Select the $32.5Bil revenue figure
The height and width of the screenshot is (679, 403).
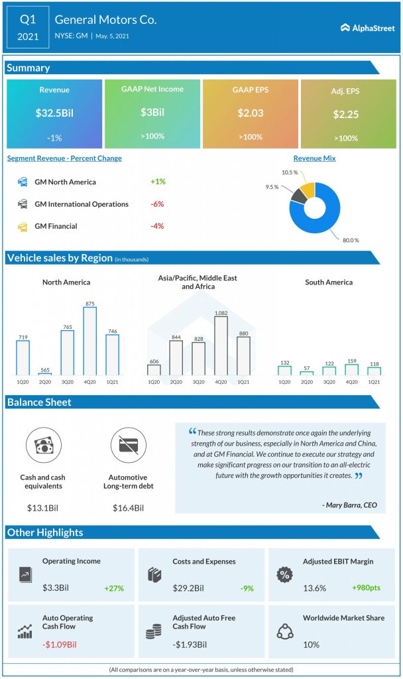[54, 113]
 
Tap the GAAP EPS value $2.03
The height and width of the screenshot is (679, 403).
[251, 113]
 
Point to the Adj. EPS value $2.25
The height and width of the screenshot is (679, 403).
[346, 114]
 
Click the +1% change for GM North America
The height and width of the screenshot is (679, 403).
[158, 182]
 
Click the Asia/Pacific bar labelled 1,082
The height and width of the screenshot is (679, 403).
[221, 345]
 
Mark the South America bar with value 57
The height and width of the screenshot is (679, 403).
[306, 373]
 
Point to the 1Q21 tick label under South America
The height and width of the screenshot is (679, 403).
[374, 382]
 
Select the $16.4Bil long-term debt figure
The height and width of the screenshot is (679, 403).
[129, 508]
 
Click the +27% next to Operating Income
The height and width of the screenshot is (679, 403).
[114, 588]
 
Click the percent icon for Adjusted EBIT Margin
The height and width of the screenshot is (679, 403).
[284, 574]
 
